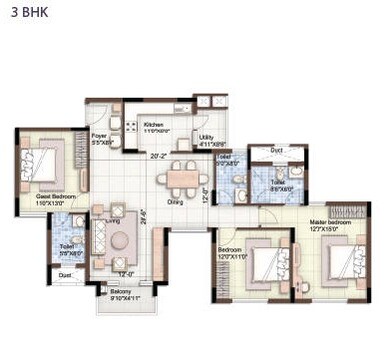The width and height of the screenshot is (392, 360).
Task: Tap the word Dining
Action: tap(175, 201)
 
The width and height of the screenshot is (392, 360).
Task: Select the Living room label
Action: tap(113, 219)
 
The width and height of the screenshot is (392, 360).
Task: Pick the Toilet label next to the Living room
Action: tap(66, 245)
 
